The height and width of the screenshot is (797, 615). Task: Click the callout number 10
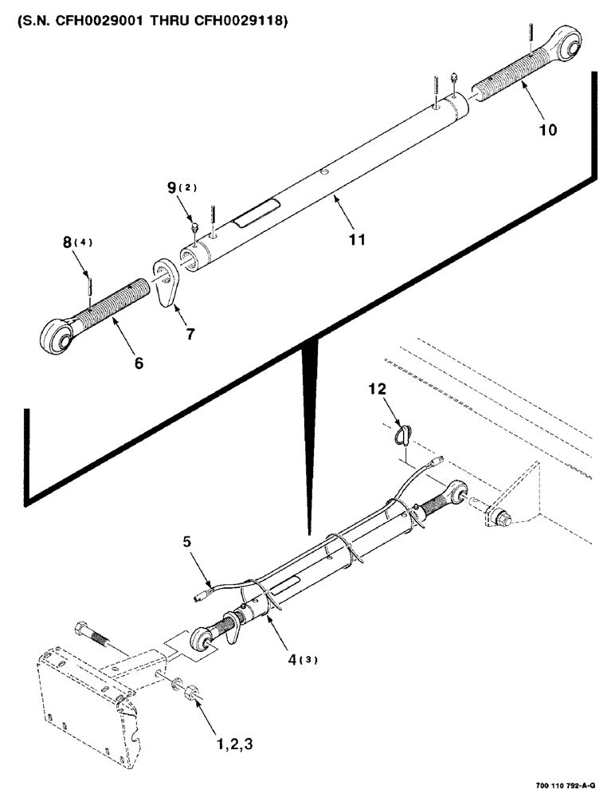[x=547, y=128]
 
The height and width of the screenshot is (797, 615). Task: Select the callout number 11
[x=358, y=238]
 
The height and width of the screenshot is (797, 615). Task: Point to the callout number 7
[x=190, y=335]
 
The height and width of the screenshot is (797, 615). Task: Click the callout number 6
[x=139, y=363]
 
